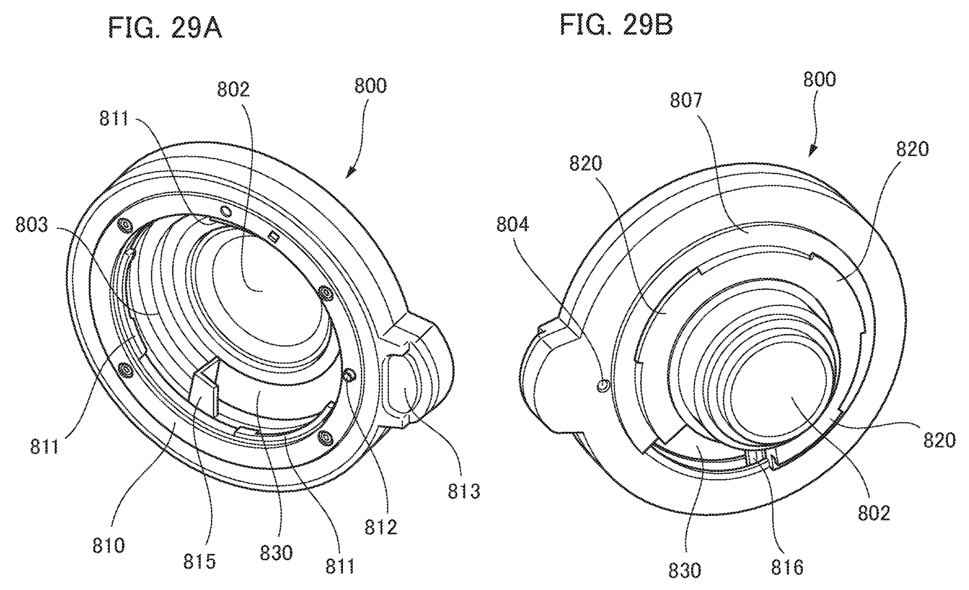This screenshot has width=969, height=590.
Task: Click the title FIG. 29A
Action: (165, 28)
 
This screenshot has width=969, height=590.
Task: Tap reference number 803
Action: (32, 226)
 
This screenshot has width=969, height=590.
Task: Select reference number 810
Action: (108, 546)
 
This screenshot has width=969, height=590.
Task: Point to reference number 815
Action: (199, 561)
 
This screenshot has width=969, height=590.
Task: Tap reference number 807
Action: (686, 100)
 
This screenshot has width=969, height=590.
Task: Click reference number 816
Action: (787, 567)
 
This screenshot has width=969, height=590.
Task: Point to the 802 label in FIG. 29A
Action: (234, 90)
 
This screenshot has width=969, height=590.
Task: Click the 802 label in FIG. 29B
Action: (874, 513)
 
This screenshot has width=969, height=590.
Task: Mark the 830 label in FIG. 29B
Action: (685, 570)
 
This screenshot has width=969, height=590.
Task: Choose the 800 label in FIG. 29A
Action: (371, 86)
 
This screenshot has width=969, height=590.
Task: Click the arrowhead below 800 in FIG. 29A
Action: (350, 173)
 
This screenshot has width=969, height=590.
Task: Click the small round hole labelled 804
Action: (603, 385)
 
